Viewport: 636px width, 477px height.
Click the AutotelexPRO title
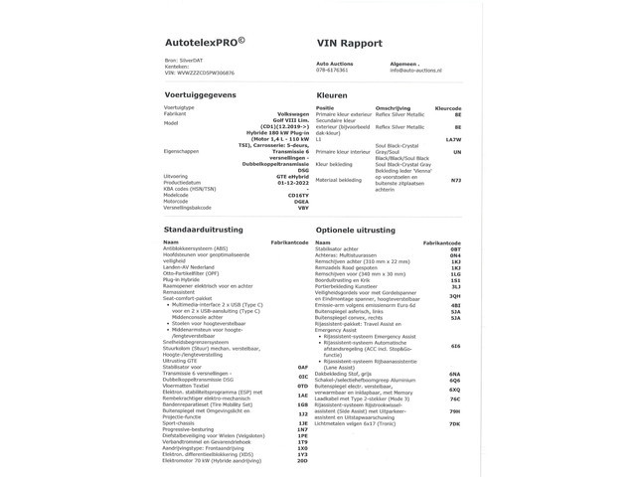(205, 44)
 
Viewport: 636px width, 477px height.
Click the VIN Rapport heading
(351, 44)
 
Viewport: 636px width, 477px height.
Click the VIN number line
(200, 75)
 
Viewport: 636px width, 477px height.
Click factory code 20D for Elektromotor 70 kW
(303, 461)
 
